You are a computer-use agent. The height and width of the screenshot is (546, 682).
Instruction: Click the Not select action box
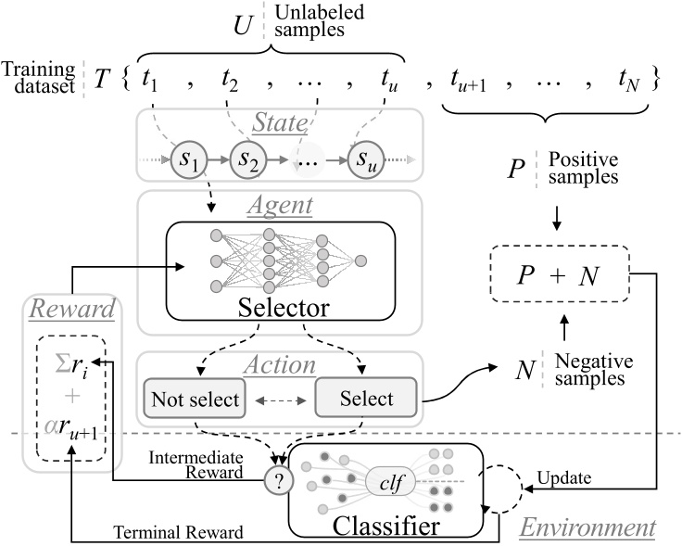coord(191,400)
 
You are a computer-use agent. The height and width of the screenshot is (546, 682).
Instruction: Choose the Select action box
coord(368,400)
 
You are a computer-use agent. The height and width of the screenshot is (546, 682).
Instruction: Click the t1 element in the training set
coord(150,80)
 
